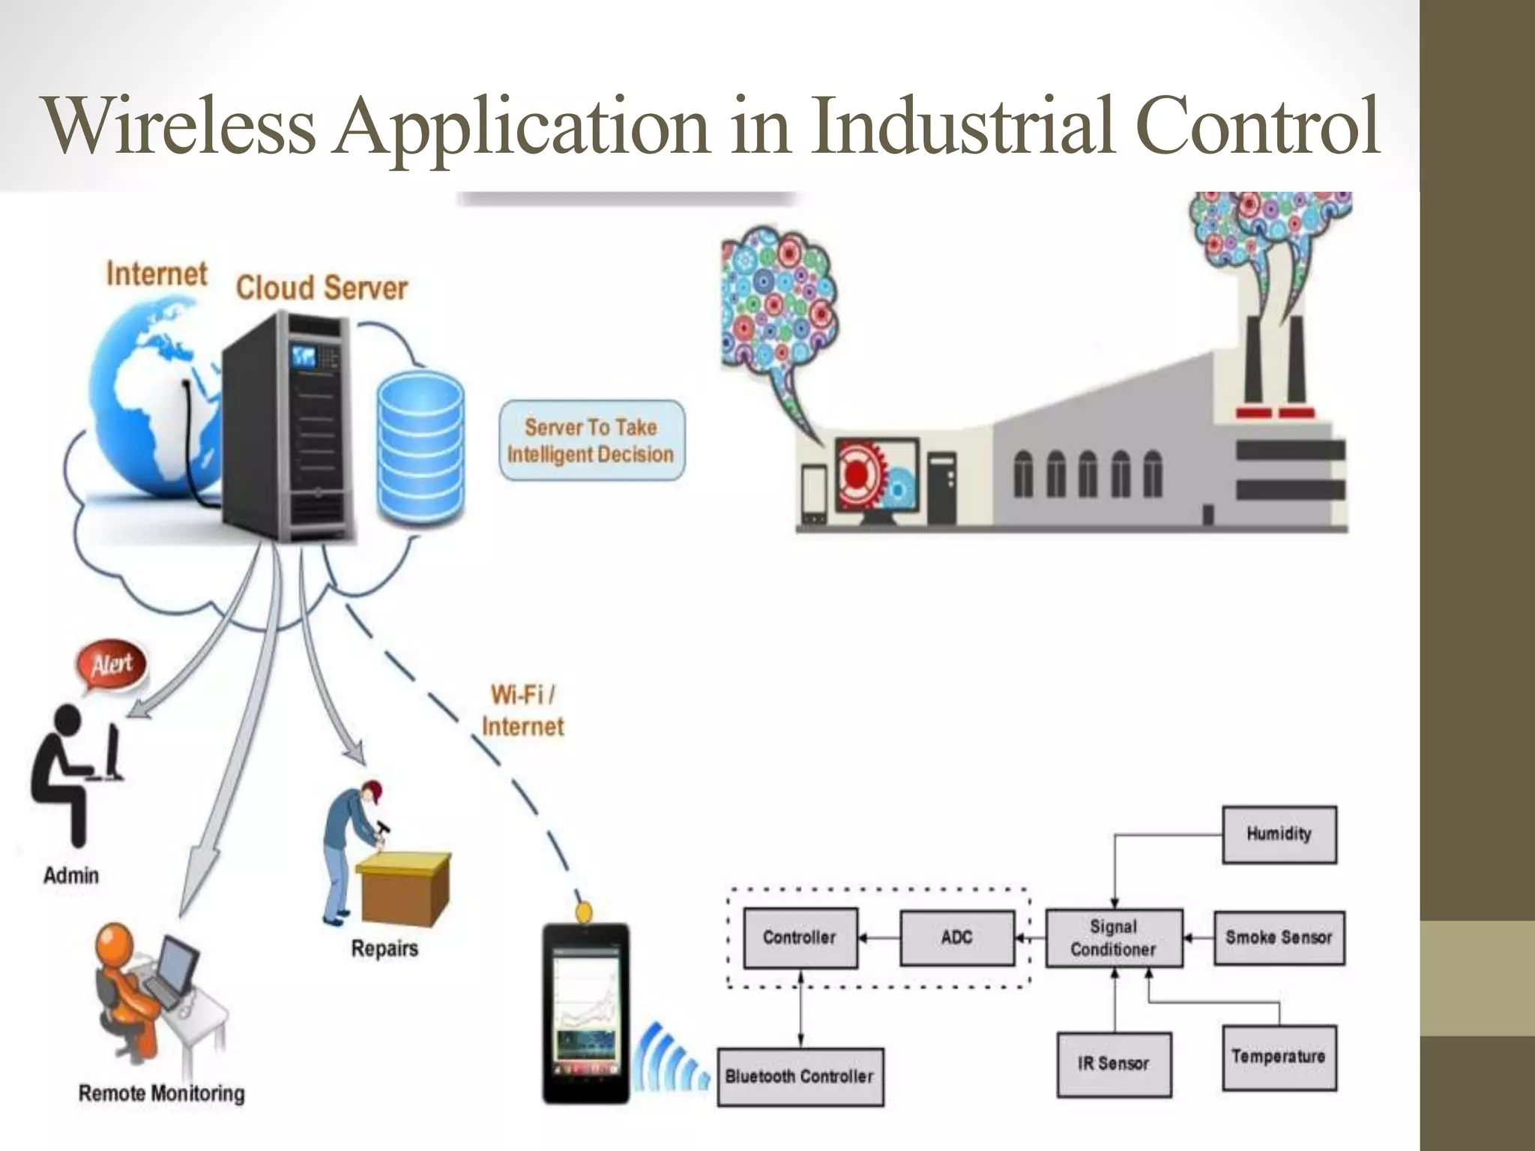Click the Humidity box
pyautogui.click(x=1279, y=835)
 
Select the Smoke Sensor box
pyautogui.click(x=1279, y=937)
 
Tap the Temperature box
pyautogui.click(x=1279, y=1057)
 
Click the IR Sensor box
pyautogui.click(x=1114, y=1064)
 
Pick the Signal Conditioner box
pyautogui.click(x=1114, y=938)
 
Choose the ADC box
pyautogui.click(x=957, y=937)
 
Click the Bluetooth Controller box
pyautogui.click(x=800, y=1077)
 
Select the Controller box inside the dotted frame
pyautogui.click(x=800, y=937)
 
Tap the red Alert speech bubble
pyautogui.click(x=112, y=665)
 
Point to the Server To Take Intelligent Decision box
pyautogui.click(x=591, y=441)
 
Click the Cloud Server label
pyautogui.click(x=322, y=288)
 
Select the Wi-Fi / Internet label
pyautogui.click(x=522, y=710)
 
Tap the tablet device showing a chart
pyautogui.click(x=586, y=1013)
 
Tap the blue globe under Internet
pyautogui.click(x=150, y=405)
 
